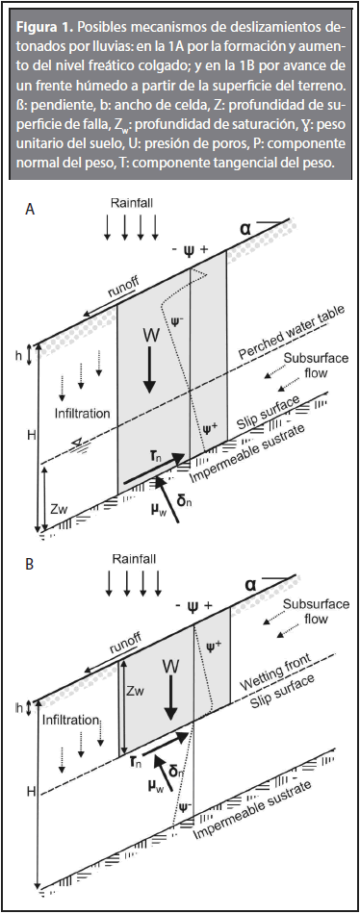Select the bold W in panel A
tap(149, 336)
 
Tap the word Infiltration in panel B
tap(70, 720)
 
